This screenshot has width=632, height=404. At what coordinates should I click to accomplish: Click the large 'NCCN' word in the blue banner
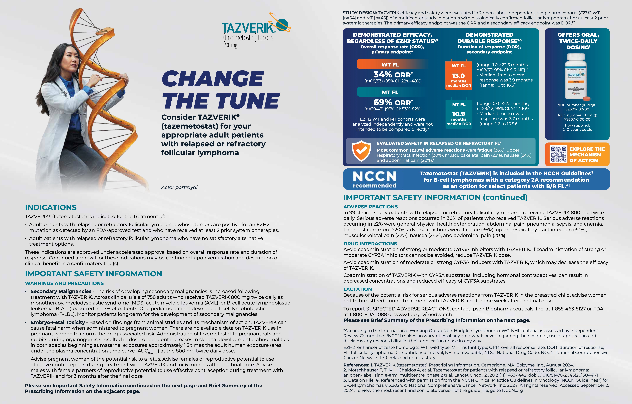375,176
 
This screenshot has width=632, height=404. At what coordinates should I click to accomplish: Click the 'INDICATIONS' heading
51,208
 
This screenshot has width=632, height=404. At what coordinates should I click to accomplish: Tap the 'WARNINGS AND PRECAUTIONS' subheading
64,283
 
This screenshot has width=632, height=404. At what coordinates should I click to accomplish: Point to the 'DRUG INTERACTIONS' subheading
370,244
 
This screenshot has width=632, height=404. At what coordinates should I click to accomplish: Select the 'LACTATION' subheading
357,289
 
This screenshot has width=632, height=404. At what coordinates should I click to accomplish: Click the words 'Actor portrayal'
179,187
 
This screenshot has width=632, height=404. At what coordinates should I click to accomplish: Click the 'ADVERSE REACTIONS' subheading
370,207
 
